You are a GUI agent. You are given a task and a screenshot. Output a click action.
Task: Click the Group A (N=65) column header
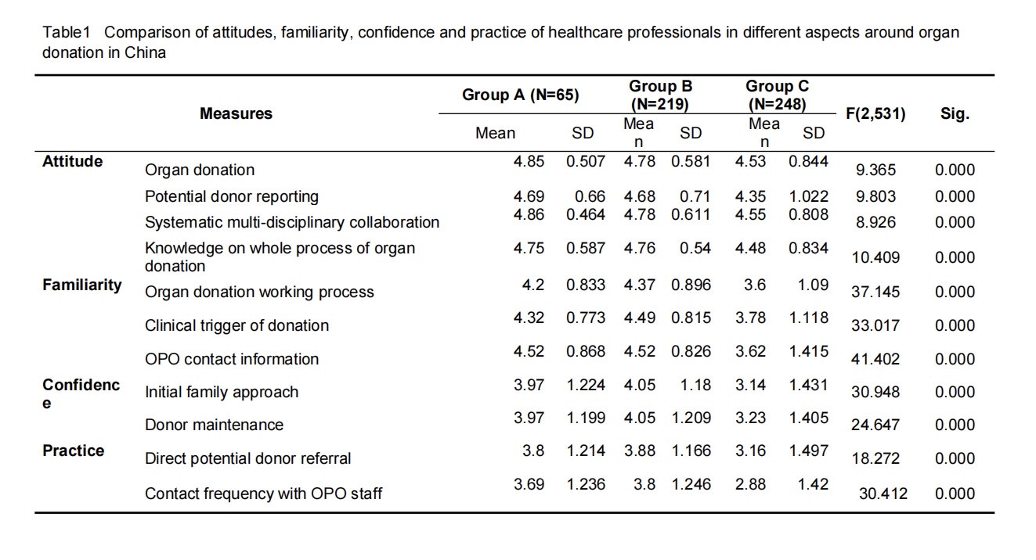(x=520, y=95)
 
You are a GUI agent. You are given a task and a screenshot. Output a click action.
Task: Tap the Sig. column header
(x=955, y=113)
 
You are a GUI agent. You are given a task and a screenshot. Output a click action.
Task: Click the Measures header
(x=236, y=113)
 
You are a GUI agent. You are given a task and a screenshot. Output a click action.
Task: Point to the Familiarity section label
(x=82, y=285)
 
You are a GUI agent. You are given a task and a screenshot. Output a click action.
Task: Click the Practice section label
(x=73, y=451)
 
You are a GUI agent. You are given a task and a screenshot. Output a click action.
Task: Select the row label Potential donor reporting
(x=232, y=197)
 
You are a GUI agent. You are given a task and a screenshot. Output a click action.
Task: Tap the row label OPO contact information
(x=232, y=359)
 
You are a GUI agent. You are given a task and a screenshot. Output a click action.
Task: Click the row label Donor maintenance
(x=214, y=425)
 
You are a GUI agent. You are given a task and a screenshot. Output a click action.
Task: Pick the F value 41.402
(x=875, y=359)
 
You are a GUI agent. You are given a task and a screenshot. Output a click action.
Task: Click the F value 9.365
(x=875, y=170)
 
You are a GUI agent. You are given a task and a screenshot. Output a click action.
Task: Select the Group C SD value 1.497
(x=808, y=451)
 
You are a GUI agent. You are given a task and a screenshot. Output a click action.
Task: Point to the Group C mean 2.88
(x=750, y=484)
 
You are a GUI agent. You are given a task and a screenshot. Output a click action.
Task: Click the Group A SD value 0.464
(x=586, y=214)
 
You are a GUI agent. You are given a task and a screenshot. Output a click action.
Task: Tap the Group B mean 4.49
(x=640, y=318)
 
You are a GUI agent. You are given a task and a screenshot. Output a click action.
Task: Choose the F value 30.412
(x=883, y=494)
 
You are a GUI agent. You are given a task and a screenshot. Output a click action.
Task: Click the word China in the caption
(x=145, y=52)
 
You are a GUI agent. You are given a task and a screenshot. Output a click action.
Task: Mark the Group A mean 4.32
(x=529, y=318)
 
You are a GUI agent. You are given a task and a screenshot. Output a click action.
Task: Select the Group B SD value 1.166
(x=691, y=451)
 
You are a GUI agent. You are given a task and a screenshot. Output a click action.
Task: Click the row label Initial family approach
(x=222, y=393)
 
